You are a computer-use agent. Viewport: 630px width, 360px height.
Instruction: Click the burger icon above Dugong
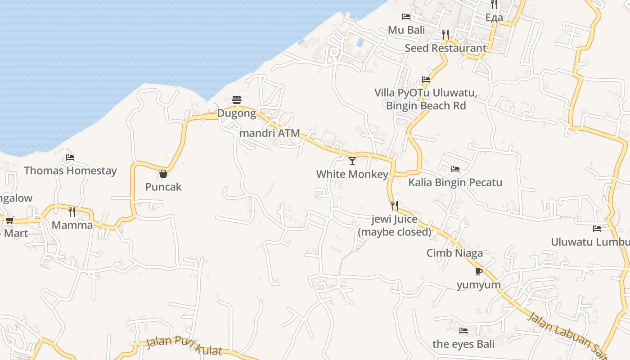point(237,99)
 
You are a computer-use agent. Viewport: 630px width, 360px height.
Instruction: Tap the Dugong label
point(237,113)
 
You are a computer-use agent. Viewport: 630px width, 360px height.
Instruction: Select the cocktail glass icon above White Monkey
point(352,161)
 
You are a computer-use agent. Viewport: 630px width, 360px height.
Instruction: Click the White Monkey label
point(352,174)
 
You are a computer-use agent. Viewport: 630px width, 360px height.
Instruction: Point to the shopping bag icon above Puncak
point(163,174)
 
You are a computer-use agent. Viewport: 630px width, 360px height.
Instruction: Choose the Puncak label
point(163,187)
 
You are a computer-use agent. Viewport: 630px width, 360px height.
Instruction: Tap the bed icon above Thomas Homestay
point(70,157)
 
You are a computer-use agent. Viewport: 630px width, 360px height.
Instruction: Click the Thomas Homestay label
point(70,171)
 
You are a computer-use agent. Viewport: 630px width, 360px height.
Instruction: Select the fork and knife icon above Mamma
point(72,211)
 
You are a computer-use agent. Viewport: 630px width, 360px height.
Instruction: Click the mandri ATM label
point(270,133)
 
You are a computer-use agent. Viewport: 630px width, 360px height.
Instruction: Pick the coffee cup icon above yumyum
point(479,271)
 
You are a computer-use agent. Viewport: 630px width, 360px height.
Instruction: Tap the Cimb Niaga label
point(454,253)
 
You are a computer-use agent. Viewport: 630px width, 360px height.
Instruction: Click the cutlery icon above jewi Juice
point(395,206)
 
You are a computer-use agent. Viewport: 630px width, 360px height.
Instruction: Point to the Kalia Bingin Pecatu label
point(455,182)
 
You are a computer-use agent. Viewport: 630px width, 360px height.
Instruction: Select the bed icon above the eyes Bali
point(463,331)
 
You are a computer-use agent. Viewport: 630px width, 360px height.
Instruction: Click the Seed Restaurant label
point(445,48)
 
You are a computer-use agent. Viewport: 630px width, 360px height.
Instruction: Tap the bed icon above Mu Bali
point(406,17)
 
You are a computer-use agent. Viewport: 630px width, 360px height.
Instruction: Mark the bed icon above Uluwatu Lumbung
point(597,229)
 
